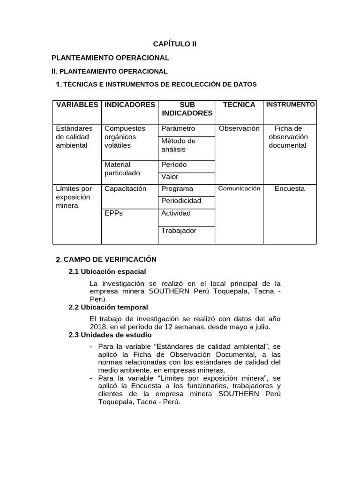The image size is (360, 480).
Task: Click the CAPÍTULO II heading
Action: coord(175,44)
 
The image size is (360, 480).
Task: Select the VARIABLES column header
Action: coord(77,105)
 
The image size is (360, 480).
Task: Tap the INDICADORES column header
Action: coord(130,105)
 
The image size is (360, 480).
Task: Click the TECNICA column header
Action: coord(239,105)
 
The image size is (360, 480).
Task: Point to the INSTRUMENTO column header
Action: coord(290,105)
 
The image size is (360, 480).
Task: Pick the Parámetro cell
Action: coord(178,128)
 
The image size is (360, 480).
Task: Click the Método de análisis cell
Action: coord(178,145)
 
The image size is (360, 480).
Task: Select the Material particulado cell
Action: coord(122,169)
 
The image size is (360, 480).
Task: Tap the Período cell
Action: coord(174,165)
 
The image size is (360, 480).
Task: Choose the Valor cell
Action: coord(170,177)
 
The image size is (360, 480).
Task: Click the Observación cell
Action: coord(239,128)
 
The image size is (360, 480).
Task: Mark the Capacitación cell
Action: coord(126,188)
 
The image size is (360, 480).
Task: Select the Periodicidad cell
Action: coord(181,201)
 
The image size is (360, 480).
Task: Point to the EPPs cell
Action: coord(113,213)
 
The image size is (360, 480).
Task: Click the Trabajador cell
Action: coord(179,231)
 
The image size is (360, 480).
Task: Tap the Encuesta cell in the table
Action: coord(290,188)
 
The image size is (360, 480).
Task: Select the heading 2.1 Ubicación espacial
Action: coord(107,271)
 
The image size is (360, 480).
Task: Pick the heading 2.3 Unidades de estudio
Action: coord(110,335)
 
